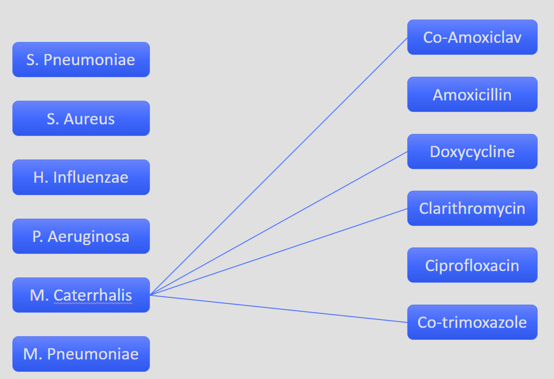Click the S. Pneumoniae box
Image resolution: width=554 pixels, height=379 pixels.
click(81, 59)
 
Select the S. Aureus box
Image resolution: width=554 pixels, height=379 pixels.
click(81, 118)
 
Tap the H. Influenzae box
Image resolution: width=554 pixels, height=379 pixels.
click(81, 177)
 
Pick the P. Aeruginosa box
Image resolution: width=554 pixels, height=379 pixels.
click(81, 236)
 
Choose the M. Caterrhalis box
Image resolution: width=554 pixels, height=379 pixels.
click(81, 295)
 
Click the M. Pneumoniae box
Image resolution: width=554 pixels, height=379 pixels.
click(81, 354)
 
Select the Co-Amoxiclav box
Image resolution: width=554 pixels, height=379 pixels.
click(472, 37)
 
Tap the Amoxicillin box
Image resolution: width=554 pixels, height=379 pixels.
click(472, 94)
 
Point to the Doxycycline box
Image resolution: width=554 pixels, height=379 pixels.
click(472, 151)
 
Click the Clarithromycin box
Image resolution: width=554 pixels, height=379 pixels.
click(472, 208)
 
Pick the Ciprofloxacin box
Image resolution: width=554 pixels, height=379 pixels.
click(472, 265)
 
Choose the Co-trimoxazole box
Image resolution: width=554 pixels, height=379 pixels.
click(472, 322)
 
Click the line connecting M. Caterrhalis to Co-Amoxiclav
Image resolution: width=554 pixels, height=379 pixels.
click(278, 167)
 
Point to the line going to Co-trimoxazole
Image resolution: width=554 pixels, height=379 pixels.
click(278, 309)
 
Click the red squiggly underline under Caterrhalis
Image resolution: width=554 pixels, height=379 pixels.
click(93, 304)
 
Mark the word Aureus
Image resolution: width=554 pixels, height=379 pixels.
click(89, 119)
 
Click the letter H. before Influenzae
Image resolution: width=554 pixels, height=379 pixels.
click(41, 177)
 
